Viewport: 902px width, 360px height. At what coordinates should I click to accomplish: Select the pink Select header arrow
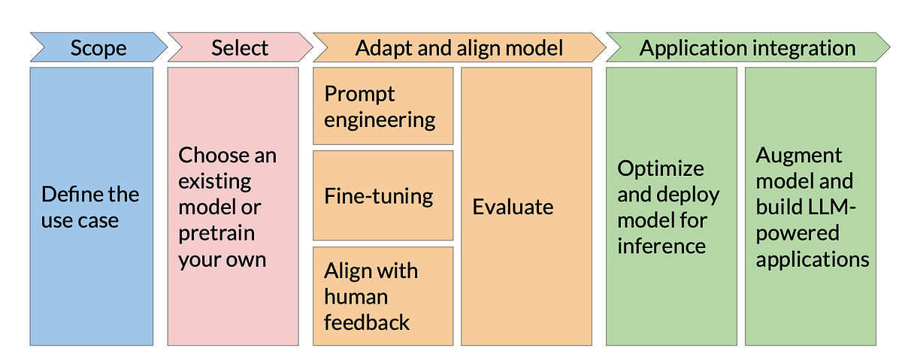pos(239,48)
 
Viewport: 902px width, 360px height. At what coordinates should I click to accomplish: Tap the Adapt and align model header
pos(459,48)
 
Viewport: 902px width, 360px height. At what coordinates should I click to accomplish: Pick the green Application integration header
pos(747,48)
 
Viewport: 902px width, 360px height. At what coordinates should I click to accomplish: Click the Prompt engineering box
pos(383,106)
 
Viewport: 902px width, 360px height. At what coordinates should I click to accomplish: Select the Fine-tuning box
pos(383,196)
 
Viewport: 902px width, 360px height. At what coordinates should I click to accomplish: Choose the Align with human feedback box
pos(383,296)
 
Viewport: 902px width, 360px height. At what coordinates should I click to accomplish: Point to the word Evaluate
pos(513,207)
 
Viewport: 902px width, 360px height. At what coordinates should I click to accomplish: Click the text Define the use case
pos(90,207)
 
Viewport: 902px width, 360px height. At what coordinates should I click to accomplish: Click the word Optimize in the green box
pos(661,168)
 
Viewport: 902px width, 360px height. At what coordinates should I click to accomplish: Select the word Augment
pos(799,155)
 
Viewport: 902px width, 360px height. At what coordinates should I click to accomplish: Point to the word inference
pos(661,246)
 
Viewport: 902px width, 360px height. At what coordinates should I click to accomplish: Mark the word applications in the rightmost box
pos(813,259)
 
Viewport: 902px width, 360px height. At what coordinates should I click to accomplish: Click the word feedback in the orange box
pos(367,322)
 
